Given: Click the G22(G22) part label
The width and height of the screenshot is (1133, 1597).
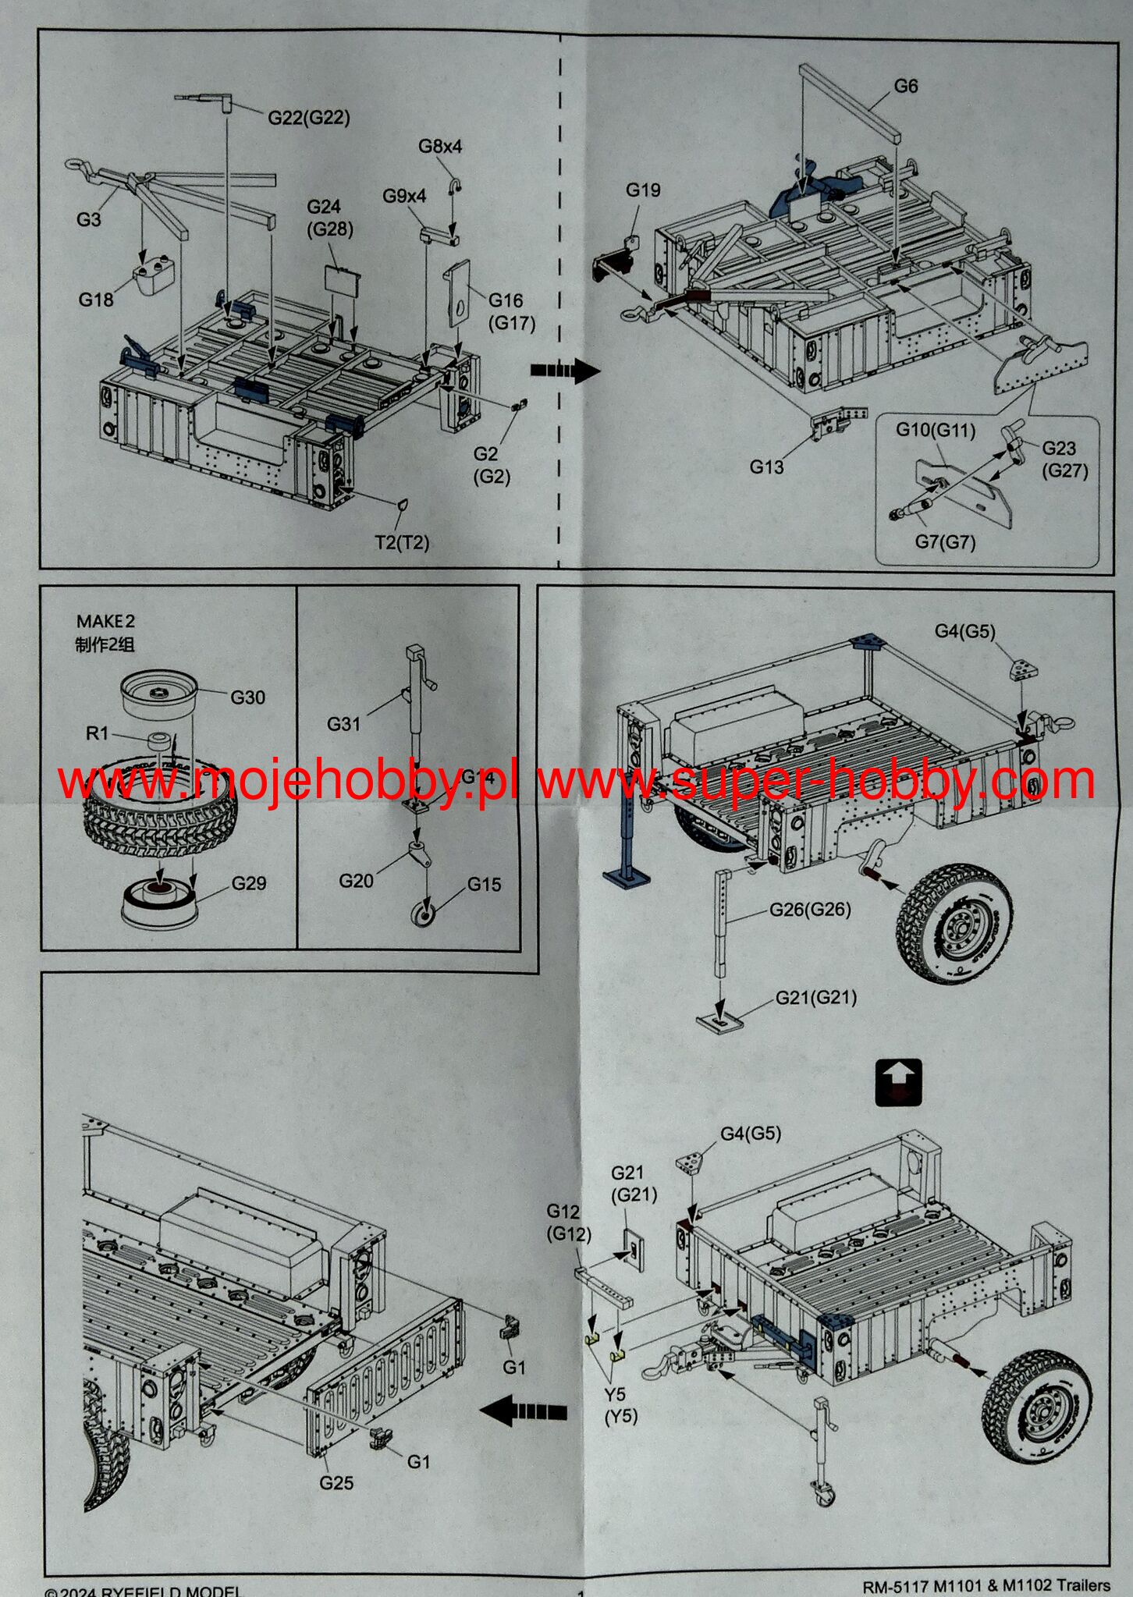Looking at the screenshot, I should [x=309, y=118].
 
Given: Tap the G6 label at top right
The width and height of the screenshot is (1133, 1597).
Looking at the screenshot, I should [x=905, y=87].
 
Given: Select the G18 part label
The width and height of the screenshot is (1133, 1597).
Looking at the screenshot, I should [x=95, y=300].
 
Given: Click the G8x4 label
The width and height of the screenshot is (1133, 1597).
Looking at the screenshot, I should [x=440, y=147].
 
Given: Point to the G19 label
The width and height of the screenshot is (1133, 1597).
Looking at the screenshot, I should [x=643, y=190].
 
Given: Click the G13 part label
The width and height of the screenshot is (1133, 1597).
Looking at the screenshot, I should [x=767, y=467].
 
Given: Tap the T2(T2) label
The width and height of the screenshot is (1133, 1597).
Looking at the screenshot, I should [x=402, y=542].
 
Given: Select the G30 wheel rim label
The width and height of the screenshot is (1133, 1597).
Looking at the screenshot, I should [x=247, y=697].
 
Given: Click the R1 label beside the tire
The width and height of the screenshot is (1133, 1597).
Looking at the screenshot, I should [x=97, y=733].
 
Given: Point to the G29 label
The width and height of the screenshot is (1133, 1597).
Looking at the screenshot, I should [x=249, y=883].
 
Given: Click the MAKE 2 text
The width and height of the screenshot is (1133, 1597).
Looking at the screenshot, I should [x=105, y=622].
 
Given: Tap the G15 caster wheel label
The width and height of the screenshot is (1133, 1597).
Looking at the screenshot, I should [x=484, y=884].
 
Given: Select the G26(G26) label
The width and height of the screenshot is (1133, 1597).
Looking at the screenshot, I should [x=810, y=909].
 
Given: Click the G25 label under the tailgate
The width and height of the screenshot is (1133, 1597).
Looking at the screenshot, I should [x=336, y=1483].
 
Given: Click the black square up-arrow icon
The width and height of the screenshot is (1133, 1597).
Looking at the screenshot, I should [x=898, y=1082].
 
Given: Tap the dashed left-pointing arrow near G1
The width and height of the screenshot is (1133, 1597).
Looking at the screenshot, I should [x=523, y=1411].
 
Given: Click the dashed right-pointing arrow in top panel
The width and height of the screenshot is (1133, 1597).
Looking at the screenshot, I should [x=565, y=371].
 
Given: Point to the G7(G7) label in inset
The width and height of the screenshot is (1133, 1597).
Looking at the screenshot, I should [x=945, y=541].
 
